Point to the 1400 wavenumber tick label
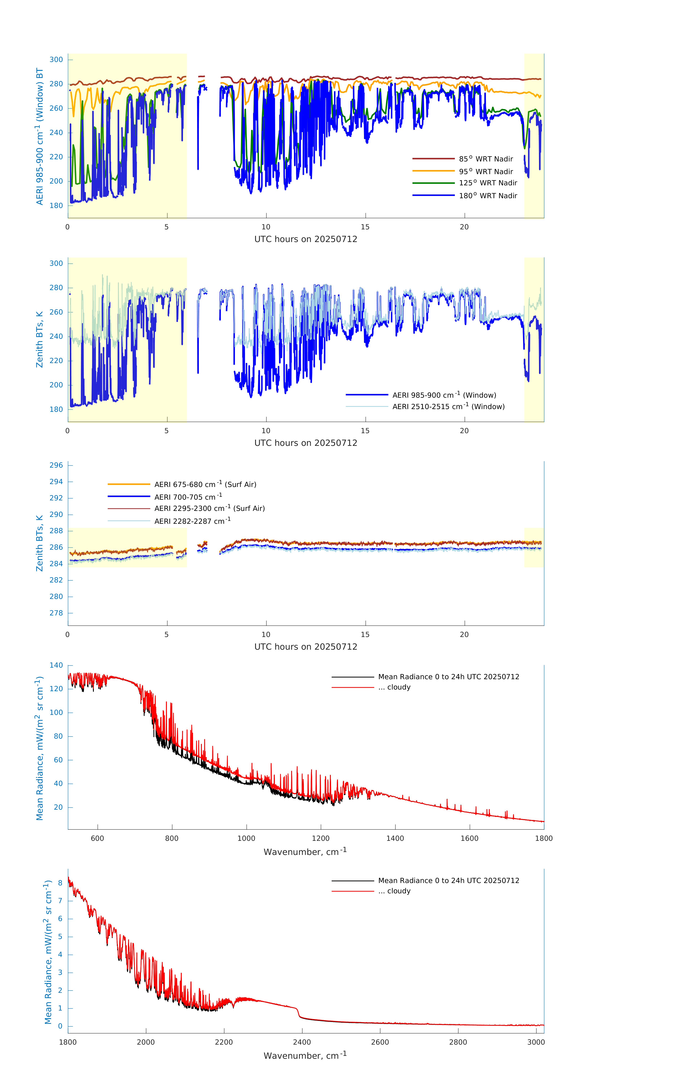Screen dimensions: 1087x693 395,838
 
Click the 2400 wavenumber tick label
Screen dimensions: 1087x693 302,1042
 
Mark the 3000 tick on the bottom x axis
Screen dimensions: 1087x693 536,1042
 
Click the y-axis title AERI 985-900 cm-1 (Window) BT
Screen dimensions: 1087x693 40,136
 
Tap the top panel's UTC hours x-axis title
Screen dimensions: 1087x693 306,239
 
